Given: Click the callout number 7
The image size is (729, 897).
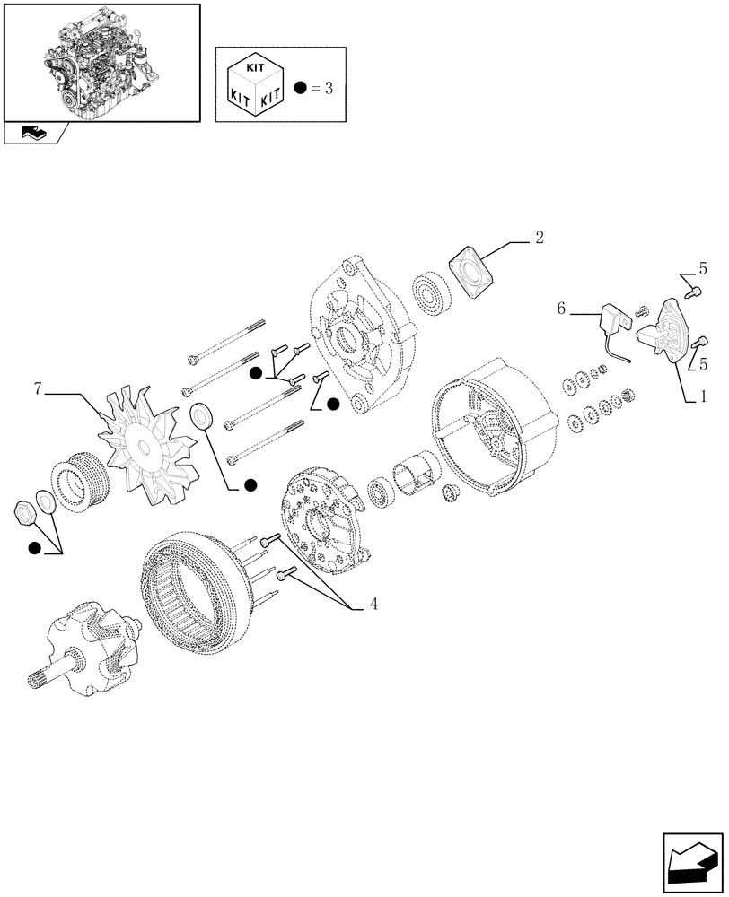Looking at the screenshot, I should tap(37, 389).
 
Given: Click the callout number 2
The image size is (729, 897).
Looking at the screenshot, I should tap(539, 238).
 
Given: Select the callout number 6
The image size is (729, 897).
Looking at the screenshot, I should tap(561, 309).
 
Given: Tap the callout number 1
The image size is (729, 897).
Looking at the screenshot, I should tap(702, 395).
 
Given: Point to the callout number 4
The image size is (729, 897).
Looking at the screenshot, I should tap(373, 605).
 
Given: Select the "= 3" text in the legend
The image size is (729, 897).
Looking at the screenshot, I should tap(328, 88).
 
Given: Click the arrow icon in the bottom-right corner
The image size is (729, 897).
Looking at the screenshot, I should tap(694, 863).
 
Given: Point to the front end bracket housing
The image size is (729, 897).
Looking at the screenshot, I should tap(358, 337).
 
